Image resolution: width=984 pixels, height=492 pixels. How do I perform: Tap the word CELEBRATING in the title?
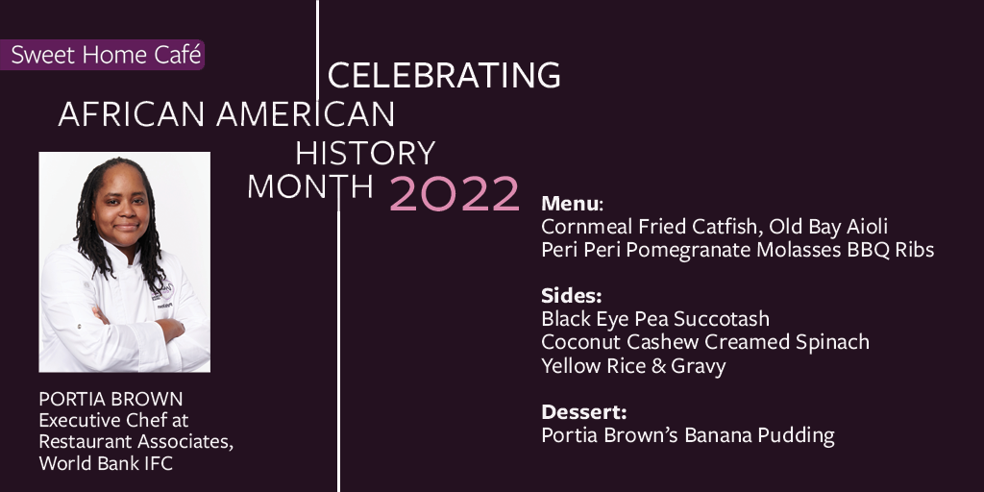pos(444,75)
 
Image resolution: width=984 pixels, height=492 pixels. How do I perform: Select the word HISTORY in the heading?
pos(364,153)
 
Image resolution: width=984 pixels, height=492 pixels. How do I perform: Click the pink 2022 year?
pos(455,193)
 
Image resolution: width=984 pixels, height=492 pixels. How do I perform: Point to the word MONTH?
pos(310,186)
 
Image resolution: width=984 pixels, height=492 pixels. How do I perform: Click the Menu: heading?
pos(572,204)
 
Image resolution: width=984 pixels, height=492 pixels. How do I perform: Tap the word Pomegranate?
pos(688,250)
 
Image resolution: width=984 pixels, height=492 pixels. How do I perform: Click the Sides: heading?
pos(571,295)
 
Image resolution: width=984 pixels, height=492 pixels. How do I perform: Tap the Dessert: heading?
pos(583,411)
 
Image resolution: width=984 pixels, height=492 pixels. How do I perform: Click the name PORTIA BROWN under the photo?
pos(111,399)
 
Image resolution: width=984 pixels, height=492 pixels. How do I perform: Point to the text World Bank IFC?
pos(106,463)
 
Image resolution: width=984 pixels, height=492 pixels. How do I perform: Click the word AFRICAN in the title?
pos(131,114)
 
